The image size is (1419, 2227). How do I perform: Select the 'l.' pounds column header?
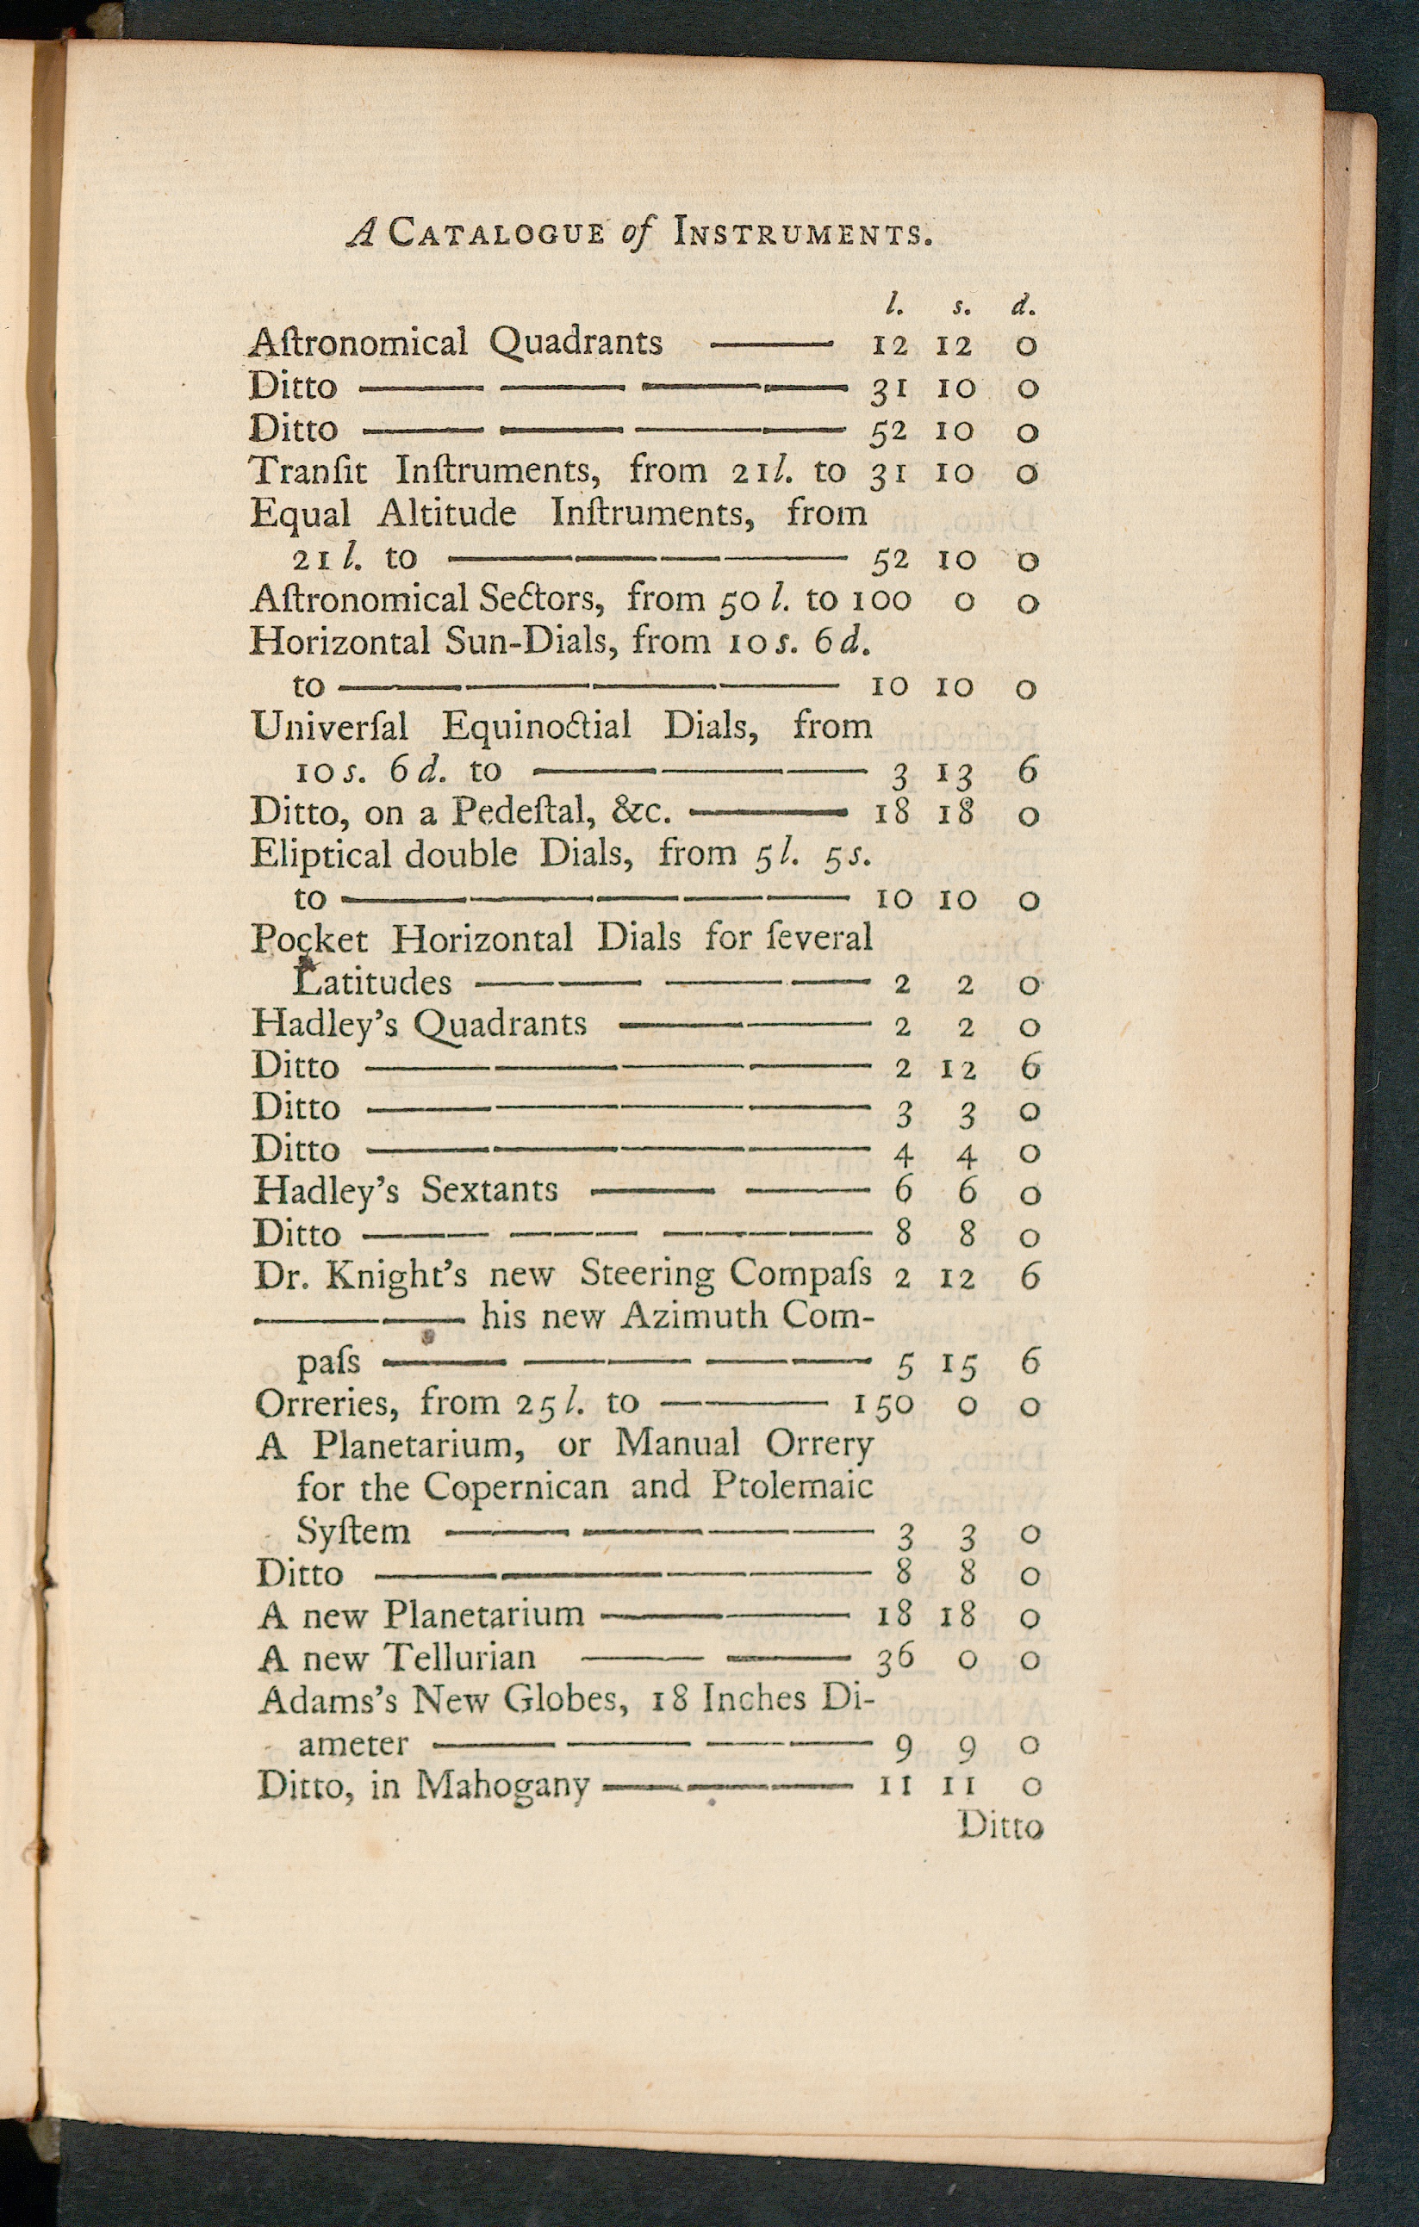click(893, 302)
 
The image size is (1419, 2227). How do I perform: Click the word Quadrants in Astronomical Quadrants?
click(576, 344)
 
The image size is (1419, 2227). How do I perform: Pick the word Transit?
click(309, 471)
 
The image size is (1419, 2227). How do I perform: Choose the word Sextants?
click(489, 1190)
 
